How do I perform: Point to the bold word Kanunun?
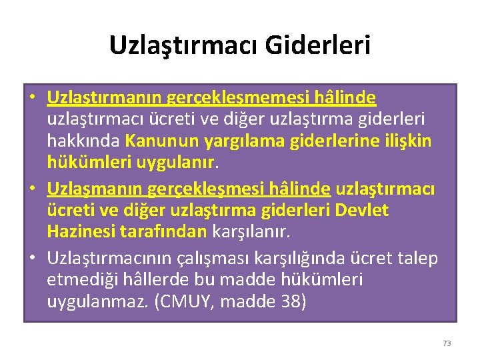[x=155, y=141]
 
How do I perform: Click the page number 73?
[x=447, y=343]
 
